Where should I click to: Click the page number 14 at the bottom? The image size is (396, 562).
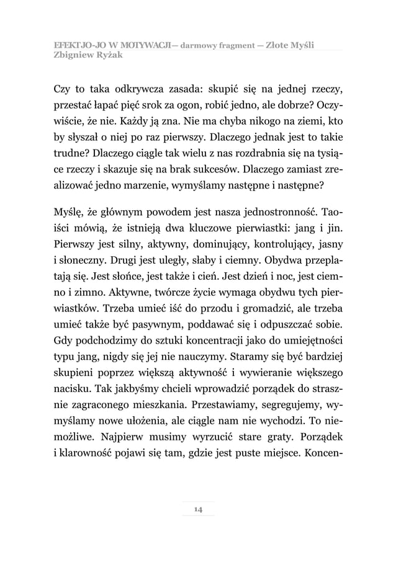point(198,509)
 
